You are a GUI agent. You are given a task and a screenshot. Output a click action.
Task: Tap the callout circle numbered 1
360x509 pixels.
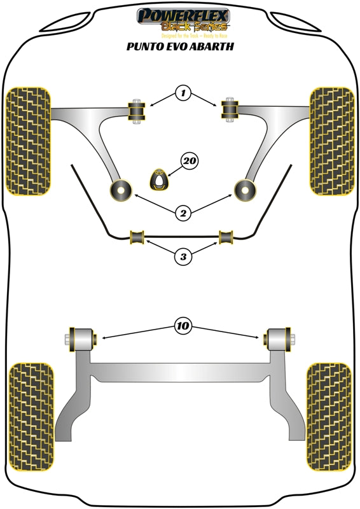tap(183, 94)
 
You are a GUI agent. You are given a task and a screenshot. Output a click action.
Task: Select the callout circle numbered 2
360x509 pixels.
tap(183, 213)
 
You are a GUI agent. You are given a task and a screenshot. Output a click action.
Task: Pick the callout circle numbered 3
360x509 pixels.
tap(183, 257)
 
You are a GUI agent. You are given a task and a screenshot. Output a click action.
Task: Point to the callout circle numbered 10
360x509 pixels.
tap(183, 326)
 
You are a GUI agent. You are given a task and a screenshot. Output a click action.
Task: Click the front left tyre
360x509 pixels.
tap(29, 140)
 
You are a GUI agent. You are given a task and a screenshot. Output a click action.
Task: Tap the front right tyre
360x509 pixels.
tap(331, 140)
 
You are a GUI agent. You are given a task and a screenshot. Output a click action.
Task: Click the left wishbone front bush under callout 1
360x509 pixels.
tap(136, 112)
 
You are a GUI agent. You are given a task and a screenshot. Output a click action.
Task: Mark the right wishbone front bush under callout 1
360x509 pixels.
tap(230, 111)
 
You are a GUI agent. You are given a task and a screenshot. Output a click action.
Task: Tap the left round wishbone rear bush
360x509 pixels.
tap(120, 189)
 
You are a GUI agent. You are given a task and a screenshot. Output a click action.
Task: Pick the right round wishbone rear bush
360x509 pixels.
tap(245, 189)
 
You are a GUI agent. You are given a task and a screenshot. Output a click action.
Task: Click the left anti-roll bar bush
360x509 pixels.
tap(137, 237)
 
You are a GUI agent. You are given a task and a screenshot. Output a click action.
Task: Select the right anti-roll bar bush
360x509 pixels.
tap(226, 237)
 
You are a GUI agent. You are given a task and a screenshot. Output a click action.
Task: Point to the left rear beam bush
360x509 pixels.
tap(81, 337)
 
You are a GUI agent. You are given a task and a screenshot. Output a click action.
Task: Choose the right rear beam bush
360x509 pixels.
tap(278, 337)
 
